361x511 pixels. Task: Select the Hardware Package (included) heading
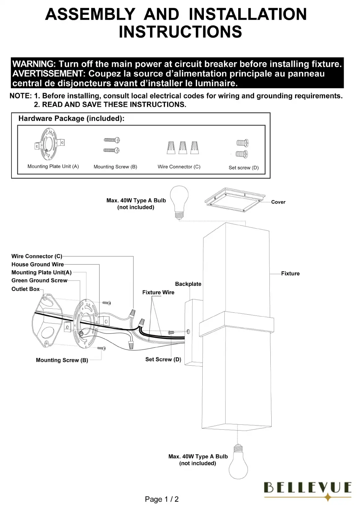71,118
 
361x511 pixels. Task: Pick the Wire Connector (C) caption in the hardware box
179,167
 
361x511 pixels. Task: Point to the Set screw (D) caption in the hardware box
243,168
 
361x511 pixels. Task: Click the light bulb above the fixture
179,201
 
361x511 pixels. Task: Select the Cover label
278,202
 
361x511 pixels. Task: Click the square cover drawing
235,200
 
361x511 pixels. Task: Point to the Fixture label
290,273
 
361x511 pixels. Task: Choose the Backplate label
188,284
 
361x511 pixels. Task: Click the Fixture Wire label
158,292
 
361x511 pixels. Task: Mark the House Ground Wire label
37,264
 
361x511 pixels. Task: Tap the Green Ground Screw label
39,281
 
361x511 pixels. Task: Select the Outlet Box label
25,289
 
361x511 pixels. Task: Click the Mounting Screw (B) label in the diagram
62,360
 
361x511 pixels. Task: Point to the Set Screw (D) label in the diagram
163,359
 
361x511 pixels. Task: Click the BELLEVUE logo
307,488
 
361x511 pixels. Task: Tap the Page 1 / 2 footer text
161,499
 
